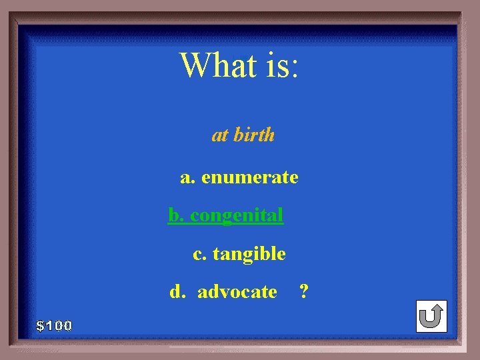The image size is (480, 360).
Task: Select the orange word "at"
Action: [x=220, y=135]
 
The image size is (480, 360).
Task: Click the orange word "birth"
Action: [x=254, y=135]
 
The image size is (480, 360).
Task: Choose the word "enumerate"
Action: [x=249, y=177]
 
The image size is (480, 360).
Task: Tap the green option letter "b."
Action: [x=176, y=215]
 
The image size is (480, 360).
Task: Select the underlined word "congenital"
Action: [x=237, y=216]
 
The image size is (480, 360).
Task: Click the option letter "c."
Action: [x=199, y=254]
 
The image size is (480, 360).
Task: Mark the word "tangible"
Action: [x=249, y=254]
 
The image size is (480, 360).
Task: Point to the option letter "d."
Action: [x=177, y=291]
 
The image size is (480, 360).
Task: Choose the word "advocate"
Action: [x=237, y=291]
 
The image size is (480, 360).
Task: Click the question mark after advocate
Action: [x=304, y=291]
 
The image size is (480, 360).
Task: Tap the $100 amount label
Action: [x=55, y=326]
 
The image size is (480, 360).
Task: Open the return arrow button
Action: [x=431, y=316]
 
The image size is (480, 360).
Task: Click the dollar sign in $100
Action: [x=41, y=326]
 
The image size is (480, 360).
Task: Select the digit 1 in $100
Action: [x=49, y=326]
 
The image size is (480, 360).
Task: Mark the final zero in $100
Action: [x=67, y=326]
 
